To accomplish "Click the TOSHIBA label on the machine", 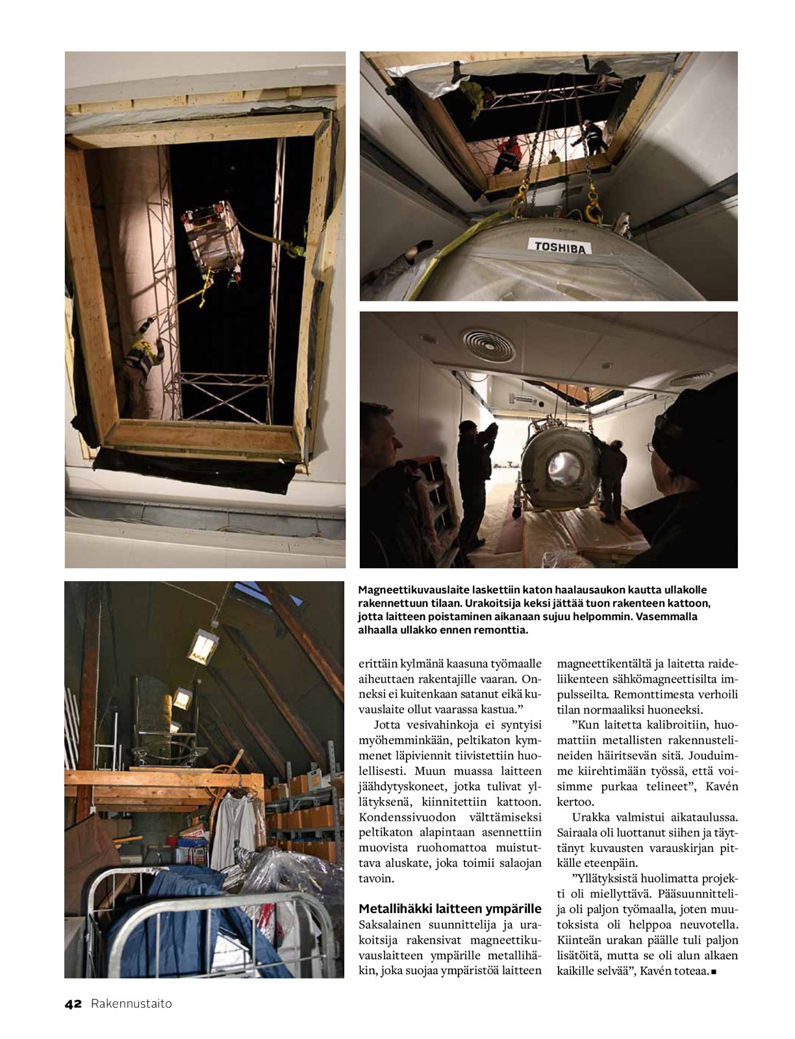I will pyautogui.click(x=559, y=247).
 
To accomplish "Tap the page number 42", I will pyautogui.click(x=73, y=1004).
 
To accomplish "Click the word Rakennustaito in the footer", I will pyautogui.click(x=131, y=1004).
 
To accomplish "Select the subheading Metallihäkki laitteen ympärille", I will pyautogui.click(x=449, y=908).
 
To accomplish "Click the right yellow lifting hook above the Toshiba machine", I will pyautogui.click(x=592, y=207).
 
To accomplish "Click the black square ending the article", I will pyautogui.click(x=714, y=971).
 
